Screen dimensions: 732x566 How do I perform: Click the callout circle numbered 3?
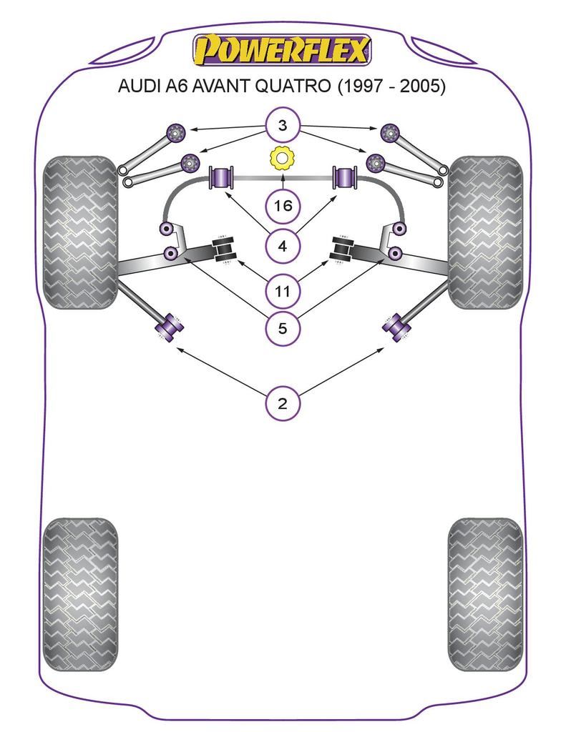click(x=283, y=127)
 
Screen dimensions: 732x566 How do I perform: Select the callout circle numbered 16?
click(x=283, y=207)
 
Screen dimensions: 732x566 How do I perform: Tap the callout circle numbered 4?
click(x=283, y=247)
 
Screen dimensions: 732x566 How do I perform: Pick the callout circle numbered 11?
click(x=283, y=291)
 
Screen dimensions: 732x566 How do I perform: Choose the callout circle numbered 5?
click(x=283, y=329)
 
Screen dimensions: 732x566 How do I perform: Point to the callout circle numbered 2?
click(x=283, y=404)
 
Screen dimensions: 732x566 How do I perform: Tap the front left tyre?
click(x=80, y=232)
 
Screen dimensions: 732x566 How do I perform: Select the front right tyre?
click(x=485, y=232)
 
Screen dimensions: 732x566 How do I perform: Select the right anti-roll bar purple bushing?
click(x=345, y=177)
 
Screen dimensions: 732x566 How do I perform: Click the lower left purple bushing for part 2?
click(x=170, y=327)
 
